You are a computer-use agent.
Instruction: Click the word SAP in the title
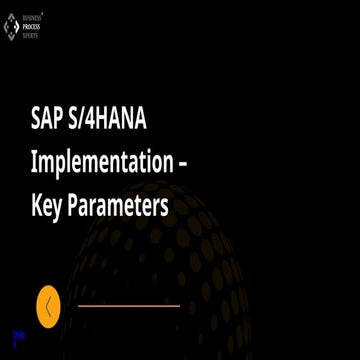tap(49, 117)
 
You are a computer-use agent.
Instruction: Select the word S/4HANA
tap(125, 117)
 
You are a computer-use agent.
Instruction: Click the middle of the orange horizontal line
tap(129, 306)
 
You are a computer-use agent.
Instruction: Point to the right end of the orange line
tap(179, 306)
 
